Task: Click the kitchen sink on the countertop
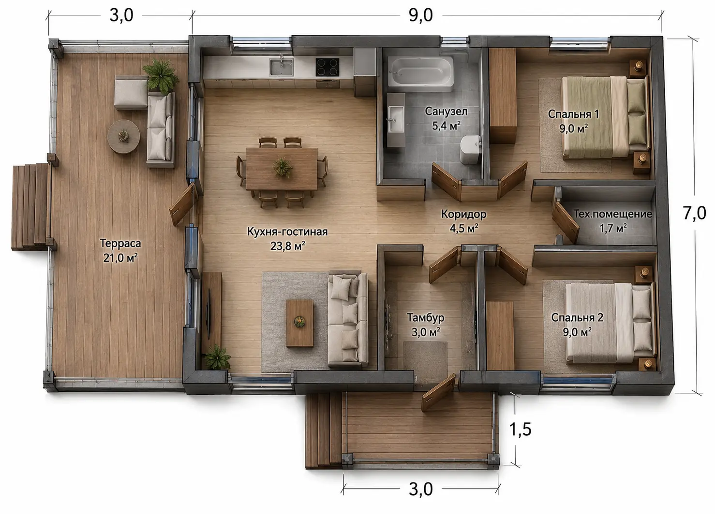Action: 281,67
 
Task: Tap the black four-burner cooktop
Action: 327,67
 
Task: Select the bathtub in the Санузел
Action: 421,72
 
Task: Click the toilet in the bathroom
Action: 470,149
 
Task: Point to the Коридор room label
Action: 463,214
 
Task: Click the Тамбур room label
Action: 425,317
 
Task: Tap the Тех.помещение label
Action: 612,214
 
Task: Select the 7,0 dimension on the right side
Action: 694,213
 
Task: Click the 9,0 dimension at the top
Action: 421,15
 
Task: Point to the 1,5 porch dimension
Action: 520,429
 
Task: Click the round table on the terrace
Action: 123,137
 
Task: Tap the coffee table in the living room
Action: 299,323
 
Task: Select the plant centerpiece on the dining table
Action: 282,167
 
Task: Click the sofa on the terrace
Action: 161,129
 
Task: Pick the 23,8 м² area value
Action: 287,246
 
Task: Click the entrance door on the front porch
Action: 438,392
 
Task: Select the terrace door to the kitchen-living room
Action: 182,204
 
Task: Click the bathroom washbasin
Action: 395,119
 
